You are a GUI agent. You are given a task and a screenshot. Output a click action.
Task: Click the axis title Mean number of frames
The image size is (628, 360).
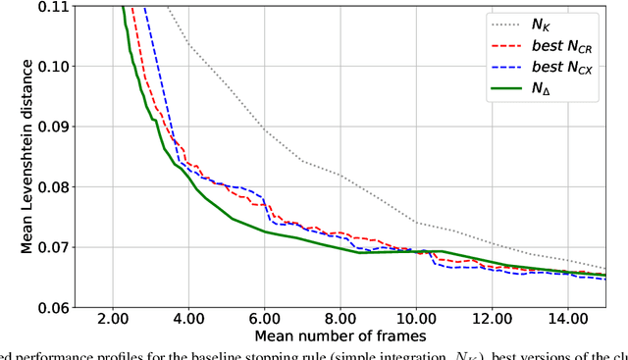[x=340, y=335]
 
